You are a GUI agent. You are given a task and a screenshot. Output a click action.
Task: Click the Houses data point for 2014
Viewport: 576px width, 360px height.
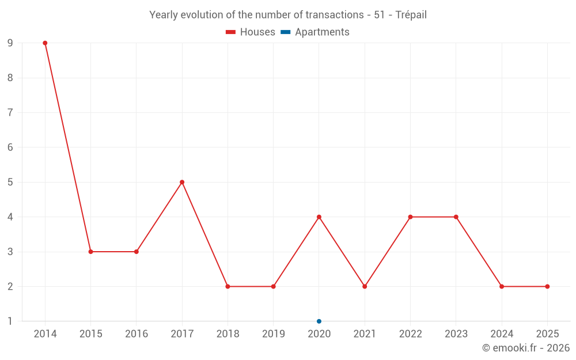(45, 43)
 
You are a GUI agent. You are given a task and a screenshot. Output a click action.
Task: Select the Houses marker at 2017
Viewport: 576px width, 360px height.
(182, 182)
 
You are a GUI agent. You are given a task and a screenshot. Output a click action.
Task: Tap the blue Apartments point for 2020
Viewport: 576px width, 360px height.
(319, 321)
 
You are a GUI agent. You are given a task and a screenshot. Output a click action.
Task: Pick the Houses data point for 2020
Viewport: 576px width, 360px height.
(319, 217)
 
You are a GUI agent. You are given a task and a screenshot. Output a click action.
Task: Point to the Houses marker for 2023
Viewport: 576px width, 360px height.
(456, 217)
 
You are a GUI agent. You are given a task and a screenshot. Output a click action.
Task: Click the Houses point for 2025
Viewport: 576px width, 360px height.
(547, 286)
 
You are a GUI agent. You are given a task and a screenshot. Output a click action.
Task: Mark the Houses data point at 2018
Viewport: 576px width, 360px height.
(228, 286)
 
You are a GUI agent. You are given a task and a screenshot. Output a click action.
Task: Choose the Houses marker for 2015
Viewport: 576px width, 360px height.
(90, 252)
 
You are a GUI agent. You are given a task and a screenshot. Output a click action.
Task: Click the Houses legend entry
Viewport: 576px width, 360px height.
(251, 32)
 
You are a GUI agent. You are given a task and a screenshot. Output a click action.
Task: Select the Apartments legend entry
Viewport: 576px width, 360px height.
(315, 32)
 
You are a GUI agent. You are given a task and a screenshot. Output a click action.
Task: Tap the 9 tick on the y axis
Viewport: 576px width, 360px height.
(10, 43)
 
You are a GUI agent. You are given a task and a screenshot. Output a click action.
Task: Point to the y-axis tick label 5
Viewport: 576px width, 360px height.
(10, 182)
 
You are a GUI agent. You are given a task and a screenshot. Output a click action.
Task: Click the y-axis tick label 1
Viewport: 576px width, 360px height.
(10, 321)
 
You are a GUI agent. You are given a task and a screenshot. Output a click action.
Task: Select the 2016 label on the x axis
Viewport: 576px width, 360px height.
(137, 334)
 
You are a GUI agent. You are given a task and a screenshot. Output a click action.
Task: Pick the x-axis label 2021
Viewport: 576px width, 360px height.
(365, 334)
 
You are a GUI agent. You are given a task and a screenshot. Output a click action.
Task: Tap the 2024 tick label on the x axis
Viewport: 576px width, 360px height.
(502, 334)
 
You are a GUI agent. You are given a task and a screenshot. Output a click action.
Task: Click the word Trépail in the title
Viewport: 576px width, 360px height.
(411, 15)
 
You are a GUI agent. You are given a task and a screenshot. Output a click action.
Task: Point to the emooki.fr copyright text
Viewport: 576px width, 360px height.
(526, 348)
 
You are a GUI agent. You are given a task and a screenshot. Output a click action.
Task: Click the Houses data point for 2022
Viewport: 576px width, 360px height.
(410, 217)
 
